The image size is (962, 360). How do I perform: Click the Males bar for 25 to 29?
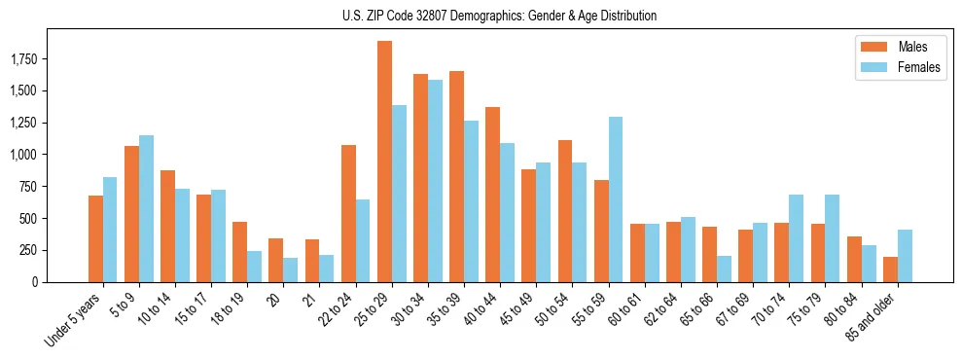click(384, 162)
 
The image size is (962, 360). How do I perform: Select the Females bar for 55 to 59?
click(616, 199)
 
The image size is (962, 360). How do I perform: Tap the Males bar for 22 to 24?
click(348, 213)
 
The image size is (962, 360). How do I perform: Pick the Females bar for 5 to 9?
click(146, 208)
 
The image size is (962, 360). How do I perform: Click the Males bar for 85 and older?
click(890, 270)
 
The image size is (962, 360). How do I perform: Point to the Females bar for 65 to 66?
click(725, 269)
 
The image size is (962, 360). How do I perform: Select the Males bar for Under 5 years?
click(95, 238)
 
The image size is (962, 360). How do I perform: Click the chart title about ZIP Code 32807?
click(499, 16)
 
